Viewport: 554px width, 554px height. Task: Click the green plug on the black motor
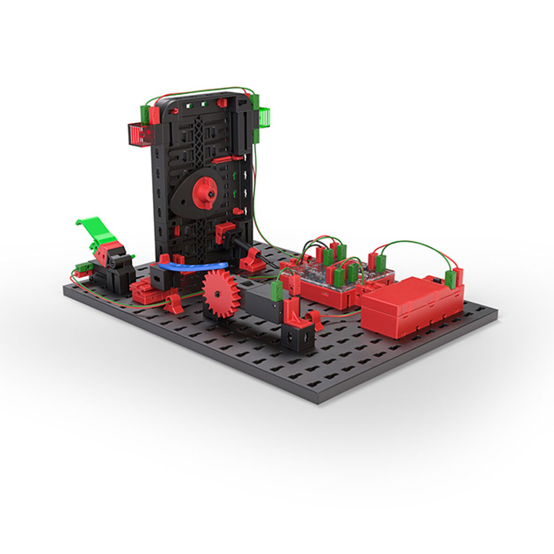276,291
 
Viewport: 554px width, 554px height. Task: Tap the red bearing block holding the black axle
253,260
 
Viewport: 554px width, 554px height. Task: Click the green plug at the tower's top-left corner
145,114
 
